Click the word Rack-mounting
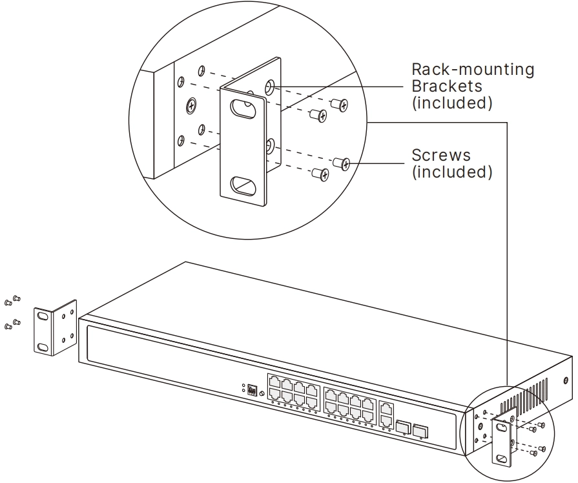click(473, 69)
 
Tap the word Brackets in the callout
click(447, 86)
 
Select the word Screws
click(441, 155)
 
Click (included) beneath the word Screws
click(452, 172)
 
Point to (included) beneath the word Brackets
click(452, 103)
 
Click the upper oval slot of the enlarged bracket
click(243, 108)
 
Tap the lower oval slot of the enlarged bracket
click(243, 185)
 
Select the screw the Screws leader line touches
click(341, 163)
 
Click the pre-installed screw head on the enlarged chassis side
click(191, 106)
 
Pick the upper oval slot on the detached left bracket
click(43, 316)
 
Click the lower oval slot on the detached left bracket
click(43, 347)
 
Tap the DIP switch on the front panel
click(253, 390)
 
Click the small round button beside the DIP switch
click(262, 394)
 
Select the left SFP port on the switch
click(402, 426)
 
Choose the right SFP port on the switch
click(420, 431)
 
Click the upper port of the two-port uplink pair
click(386, 409)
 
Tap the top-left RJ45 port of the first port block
click(274, 380)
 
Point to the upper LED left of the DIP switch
click(243, 385)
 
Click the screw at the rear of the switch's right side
click(566, 381)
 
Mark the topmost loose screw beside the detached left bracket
click(16, 298)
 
